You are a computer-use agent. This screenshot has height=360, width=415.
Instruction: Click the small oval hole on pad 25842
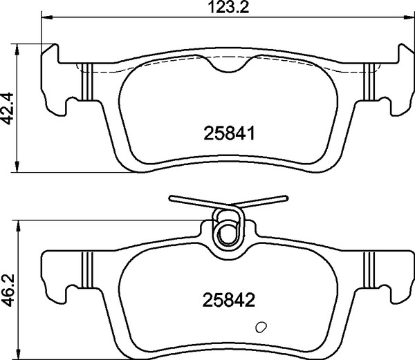261,328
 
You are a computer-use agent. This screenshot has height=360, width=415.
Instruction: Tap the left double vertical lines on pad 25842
86,271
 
